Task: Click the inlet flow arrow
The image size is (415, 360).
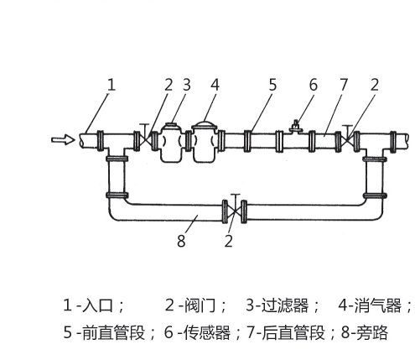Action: pyautogui.click(x=63, y=139)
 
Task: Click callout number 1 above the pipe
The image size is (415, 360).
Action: pyautogui.click(x=112, y=85)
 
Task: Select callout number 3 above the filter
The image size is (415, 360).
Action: pyautogui.click(x=187, y=85)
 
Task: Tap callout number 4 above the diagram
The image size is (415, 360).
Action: pyautogui.click(x=215, y=85)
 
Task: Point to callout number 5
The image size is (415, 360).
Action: pyautogui.click(x=272, y=85)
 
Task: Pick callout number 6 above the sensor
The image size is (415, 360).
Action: pyautogui.click(x=314, y=85)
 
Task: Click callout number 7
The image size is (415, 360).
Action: pyautogui.click(x=344, y=85)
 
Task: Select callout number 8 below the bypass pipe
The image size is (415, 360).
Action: pyautogui.click(x=181, y=241)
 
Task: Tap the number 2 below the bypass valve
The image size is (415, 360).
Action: pyautogui.click(x=229, y=241)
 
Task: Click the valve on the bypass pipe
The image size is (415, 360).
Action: pyautogui.click(x=235, y=211)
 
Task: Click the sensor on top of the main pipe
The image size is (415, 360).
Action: pyautogui.click(x=296, y=128)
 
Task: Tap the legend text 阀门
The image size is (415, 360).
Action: pyautogui.click(x=200, y=305)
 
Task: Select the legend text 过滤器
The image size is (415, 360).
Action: pyautogui.click(x=285, y=305)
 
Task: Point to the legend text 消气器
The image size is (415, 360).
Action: pyautogui.click(x=377, y=305)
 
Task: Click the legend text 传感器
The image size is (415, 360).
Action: pyautogui.click(x=207, y=333)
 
